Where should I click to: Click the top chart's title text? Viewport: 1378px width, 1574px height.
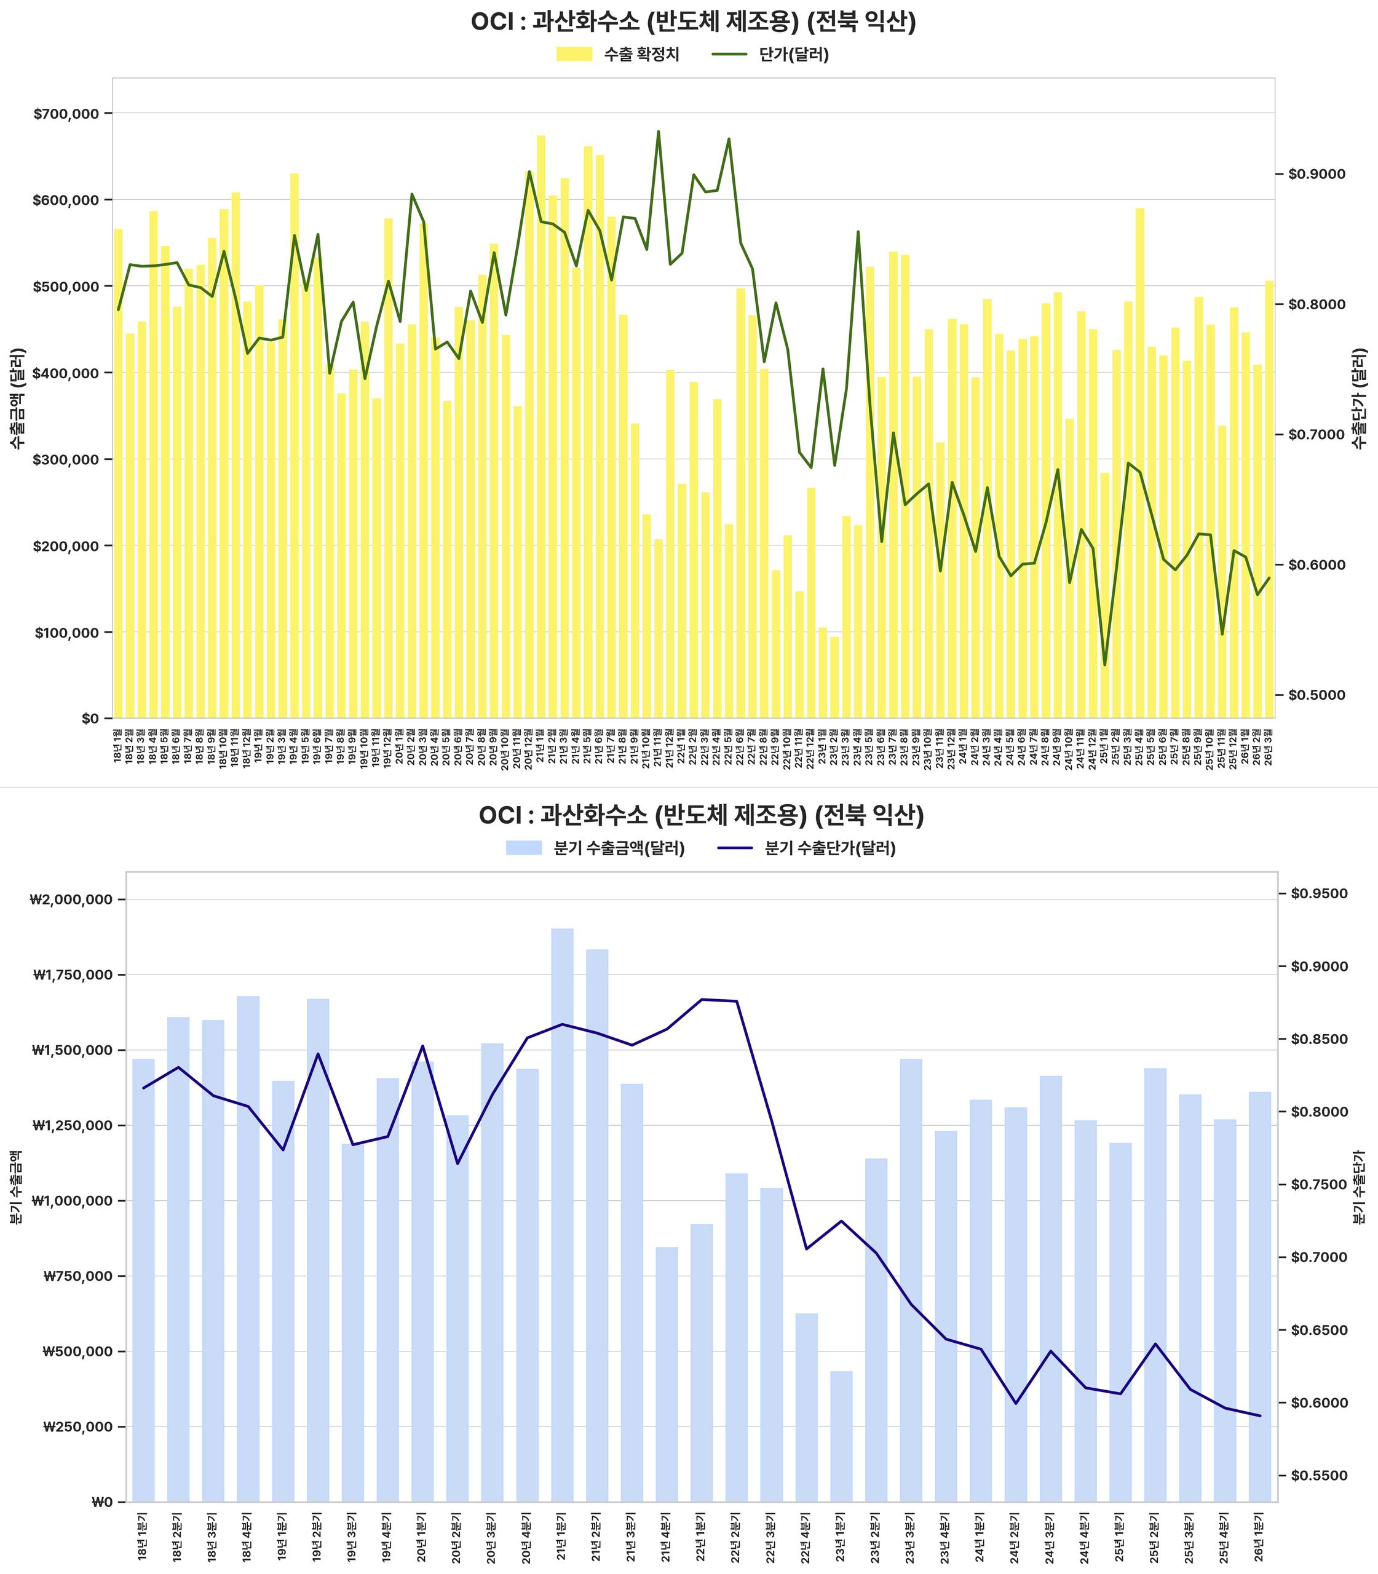click(693, 22)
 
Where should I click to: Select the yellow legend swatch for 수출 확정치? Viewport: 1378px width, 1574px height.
click(574, 55)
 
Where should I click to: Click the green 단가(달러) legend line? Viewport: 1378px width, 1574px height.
click(730, 55)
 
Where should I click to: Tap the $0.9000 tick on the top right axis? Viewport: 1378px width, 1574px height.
click(1317, 175)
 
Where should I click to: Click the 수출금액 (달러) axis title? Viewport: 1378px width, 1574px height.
click(18, 398)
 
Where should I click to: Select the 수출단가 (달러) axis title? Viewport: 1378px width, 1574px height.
click(1361, 398)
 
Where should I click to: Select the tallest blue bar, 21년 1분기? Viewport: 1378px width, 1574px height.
click(562, 1215)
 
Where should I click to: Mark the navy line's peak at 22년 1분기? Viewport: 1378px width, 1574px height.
click(702, 1000)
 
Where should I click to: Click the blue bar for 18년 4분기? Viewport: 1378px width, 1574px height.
click(248, 1249)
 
